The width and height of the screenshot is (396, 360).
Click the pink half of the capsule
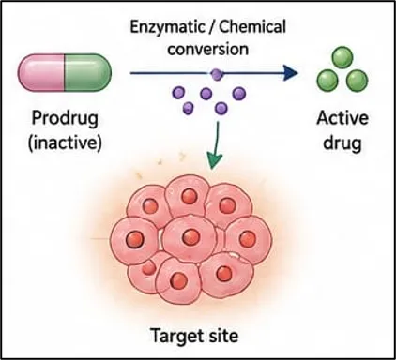(x=41, y=72)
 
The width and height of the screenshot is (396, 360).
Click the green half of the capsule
(x=88, y=72)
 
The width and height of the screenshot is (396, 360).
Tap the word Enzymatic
(x=166, y=27)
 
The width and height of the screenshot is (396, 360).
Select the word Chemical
(x=252, y=26)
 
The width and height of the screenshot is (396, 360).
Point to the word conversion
(x=207, y=50)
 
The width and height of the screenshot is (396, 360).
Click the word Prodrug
(x=65, y=120)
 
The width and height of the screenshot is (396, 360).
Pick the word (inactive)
(x=65, y=142)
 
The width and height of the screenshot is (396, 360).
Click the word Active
(x=343, y=118)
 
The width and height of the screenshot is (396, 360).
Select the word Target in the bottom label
(x=174, y=337)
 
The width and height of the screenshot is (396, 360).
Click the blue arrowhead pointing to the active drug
(x=291, y=73)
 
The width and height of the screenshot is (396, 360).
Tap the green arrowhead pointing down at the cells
(x=215, y=160)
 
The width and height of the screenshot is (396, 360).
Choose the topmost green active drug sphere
(x=343, y=57)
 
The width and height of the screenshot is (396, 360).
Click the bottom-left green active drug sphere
(x=327, y=81)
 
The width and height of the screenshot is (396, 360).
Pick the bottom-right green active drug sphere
(x=358, y=81)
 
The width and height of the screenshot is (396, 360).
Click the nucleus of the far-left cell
(x=135, y=239)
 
